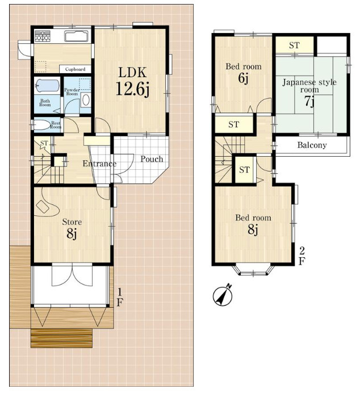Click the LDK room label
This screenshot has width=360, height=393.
coord(132,73)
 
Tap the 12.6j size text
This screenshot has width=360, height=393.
coord(132,89)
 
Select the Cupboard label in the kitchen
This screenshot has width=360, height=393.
coord(75,69)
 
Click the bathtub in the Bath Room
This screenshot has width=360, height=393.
coord(47,86)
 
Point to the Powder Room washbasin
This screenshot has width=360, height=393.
coord(86,101)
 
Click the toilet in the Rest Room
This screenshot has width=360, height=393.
coord(41,125)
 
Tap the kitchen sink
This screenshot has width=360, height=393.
coord(76,36)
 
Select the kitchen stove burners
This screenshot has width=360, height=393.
coord(43,36)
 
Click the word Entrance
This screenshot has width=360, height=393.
coord(99,164)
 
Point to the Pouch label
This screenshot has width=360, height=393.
coord(152,159)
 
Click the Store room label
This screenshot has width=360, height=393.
coord(72,222)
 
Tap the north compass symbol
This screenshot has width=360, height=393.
coord(223,295)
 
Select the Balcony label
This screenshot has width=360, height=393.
coord(312,145)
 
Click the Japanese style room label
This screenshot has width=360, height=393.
coord(309,86)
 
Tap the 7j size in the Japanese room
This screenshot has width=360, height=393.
coord(309,101)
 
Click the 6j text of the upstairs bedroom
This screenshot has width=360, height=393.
coord(243,78)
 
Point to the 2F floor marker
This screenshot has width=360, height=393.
coord(302,256)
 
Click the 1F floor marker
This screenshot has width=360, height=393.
coord(120,298)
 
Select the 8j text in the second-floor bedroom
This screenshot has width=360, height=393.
coord(253,229)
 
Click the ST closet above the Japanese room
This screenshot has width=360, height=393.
coord(294,45)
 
